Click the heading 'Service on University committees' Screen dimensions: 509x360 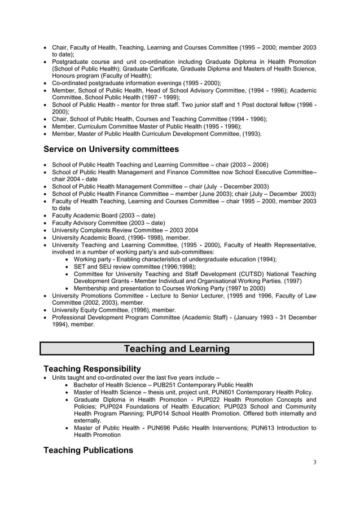click(111, 150)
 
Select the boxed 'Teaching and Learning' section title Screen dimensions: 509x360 click(177, 349)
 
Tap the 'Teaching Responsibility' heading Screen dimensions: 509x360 click(92, 368)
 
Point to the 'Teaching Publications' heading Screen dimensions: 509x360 click(88, 450)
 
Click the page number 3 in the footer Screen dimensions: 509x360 click(314, 463)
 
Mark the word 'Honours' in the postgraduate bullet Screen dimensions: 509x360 click(65, 76)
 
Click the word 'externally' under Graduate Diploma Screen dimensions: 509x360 click(87, 420)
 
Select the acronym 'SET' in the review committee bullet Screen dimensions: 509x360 click(80, 267)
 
